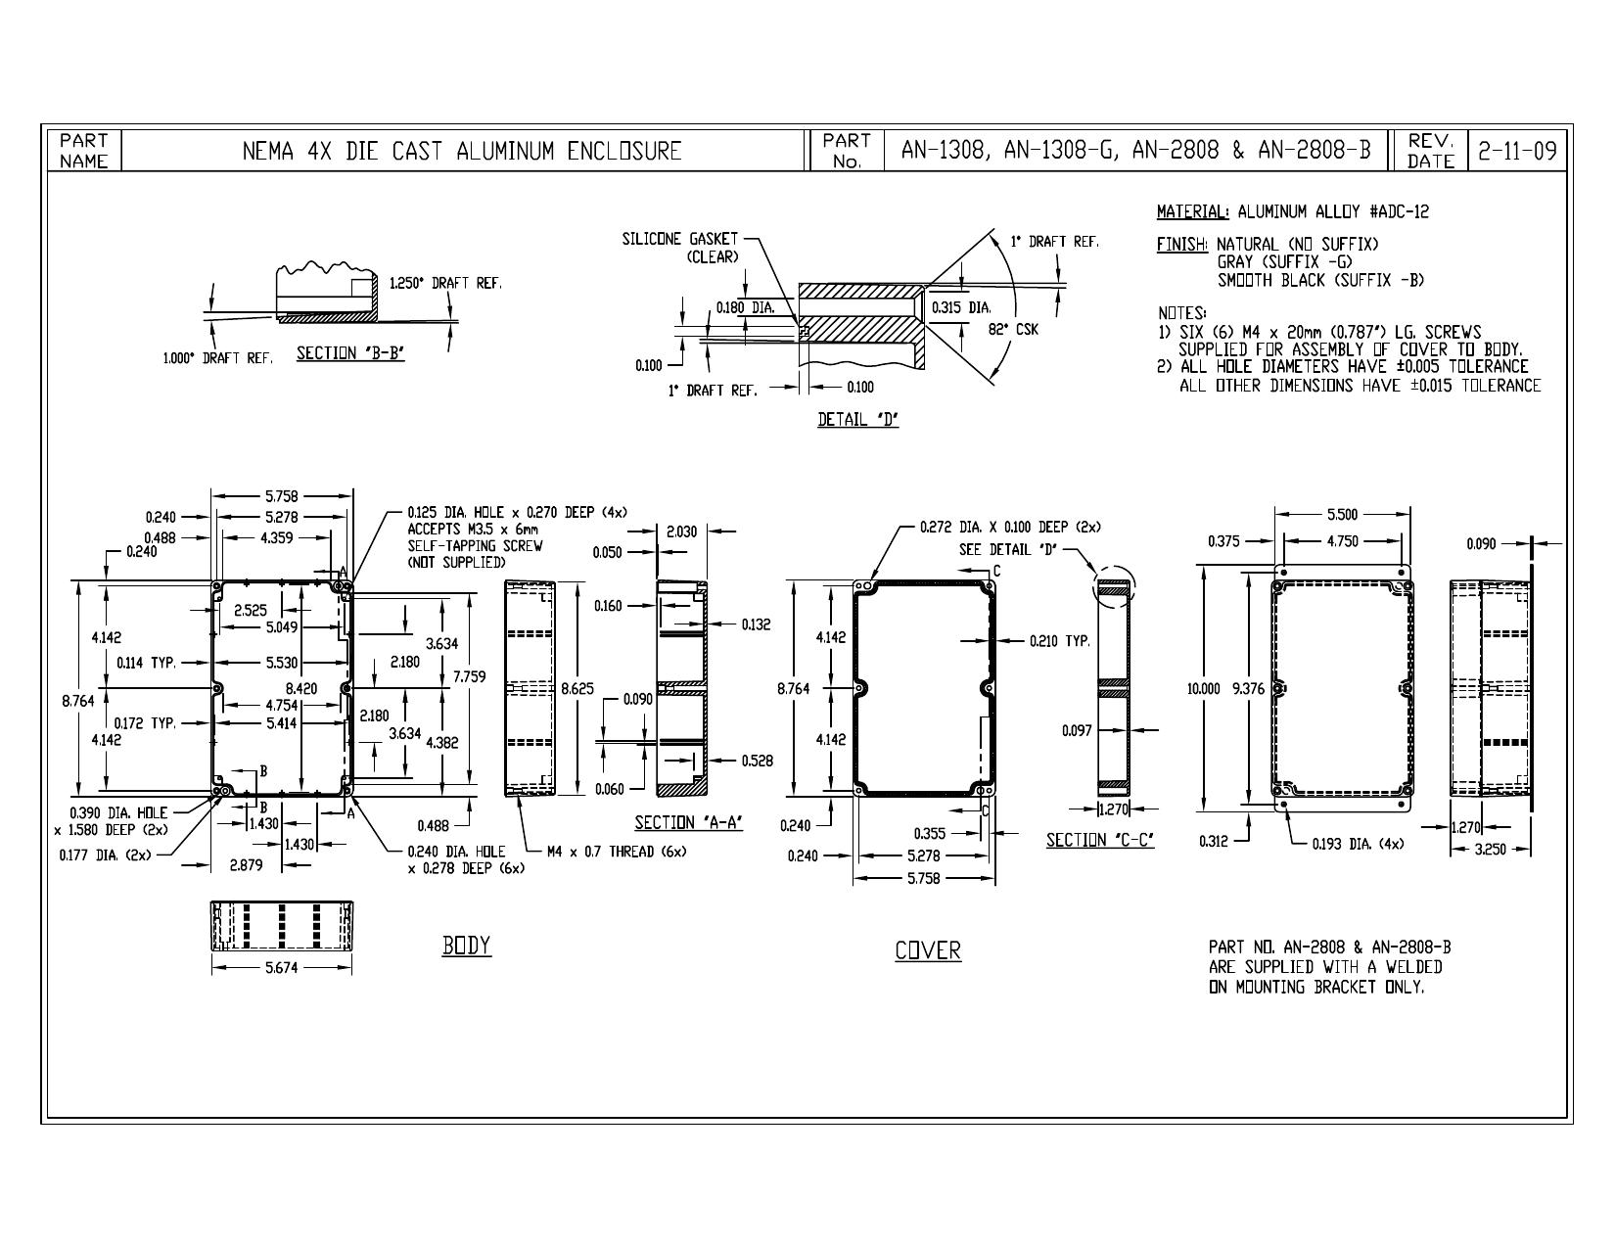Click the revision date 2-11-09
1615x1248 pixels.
1517,151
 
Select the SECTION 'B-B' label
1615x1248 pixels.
350,353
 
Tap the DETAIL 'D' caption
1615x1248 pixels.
857,420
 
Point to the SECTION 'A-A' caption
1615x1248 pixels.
688,823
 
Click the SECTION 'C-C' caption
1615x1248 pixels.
1100,840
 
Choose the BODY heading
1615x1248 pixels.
467,946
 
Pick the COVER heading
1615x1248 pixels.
928,950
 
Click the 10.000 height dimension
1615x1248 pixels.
1203,689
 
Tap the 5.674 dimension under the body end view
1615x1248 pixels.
282,968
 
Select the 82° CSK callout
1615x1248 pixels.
1013,329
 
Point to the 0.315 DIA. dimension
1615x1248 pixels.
962,307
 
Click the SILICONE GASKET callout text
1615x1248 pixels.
680,248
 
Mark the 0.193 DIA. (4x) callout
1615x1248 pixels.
1358,844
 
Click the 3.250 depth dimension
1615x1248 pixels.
1490,849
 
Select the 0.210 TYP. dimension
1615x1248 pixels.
1060,641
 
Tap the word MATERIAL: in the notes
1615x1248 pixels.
1193,211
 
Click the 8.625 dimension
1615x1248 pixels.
577,689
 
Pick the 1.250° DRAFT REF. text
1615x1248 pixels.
446,283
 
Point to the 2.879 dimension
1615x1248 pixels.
246,865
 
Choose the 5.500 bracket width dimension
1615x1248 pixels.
1342,514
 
